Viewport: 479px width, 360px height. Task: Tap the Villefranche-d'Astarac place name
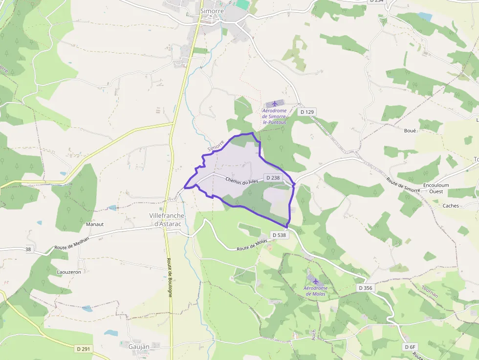[167, 219]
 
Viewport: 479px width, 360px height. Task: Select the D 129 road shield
[307, 112]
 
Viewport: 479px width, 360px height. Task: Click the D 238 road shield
[272, 178]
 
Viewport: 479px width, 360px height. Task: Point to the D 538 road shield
[279, 235]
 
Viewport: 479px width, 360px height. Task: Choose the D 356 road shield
[365, 288]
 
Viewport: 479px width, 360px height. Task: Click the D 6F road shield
[410, 347]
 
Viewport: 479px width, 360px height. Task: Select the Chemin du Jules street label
[241, 180]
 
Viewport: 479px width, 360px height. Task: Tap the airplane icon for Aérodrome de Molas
[315, 281]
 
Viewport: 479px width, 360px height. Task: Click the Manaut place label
[95, 224]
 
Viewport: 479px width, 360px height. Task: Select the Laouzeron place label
[69, 272]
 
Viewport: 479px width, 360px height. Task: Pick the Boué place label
[410, 130]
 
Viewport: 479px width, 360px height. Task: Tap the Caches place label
[450, 206]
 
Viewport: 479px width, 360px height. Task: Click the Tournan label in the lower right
[430, 291]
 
